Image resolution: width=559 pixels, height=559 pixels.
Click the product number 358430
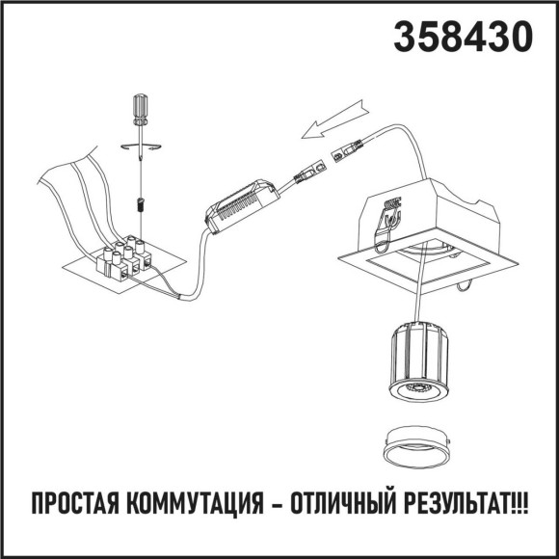coord(462,36)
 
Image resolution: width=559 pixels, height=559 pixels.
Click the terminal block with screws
coord(126,257)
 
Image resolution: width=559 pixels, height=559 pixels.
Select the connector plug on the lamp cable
coord(346,151)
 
